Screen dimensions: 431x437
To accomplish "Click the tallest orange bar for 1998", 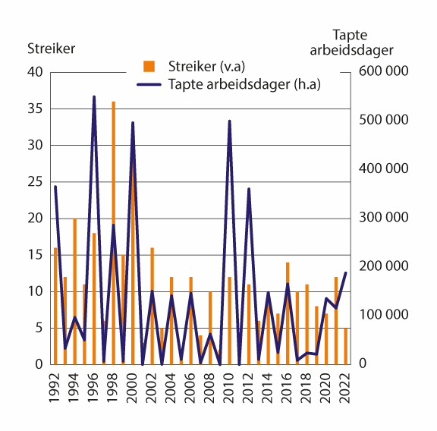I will pos(114,190).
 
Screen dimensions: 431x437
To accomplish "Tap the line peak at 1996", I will pos(94,97).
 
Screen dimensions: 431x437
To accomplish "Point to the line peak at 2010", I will pos(230,121).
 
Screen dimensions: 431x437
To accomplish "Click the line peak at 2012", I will pos(249,189).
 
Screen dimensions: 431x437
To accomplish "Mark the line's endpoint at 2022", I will pos(346,273).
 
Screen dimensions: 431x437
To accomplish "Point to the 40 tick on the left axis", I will pos(36,72).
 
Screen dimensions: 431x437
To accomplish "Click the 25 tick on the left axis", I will pos(36,181).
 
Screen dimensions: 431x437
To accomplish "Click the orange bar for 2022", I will pos(346,346).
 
